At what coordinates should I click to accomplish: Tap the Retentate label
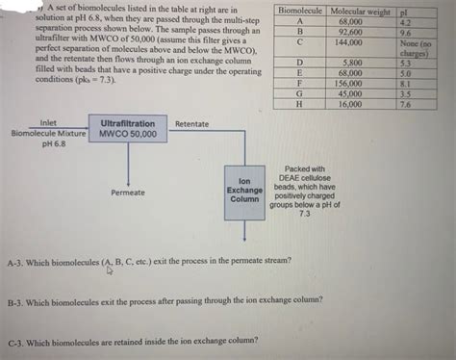[192, 124]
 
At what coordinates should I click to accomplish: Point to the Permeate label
[128, 193]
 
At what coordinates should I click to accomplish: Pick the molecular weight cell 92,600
[352, 32]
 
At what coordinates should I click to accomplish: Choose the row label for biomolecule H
[300, 104]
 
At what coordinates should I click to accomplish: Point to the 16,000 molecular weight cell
[352, 104]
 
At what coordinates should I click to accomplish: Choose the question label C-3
[18, 340]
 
